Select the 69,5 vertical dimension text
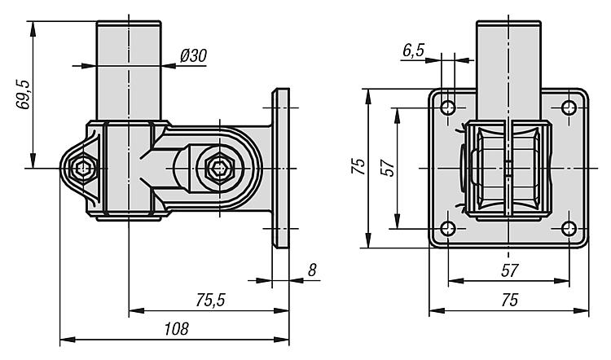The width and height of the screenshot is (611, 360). tap(24, 94)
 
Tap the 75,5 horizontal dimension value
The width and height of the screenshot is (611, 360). tap(210, 300)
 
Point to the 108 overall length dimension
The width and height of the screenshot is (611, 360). tap(175, 328)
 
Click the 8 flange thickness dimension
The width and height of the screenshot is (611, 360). tap(312, 270)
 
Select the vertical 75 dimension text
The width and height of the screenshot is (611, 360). tap(357, 167)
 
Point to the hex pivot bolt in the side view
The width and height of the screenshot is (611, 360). tap(218, 169)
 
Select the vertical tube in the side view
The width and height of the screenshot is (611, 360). tap(129, 73)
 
